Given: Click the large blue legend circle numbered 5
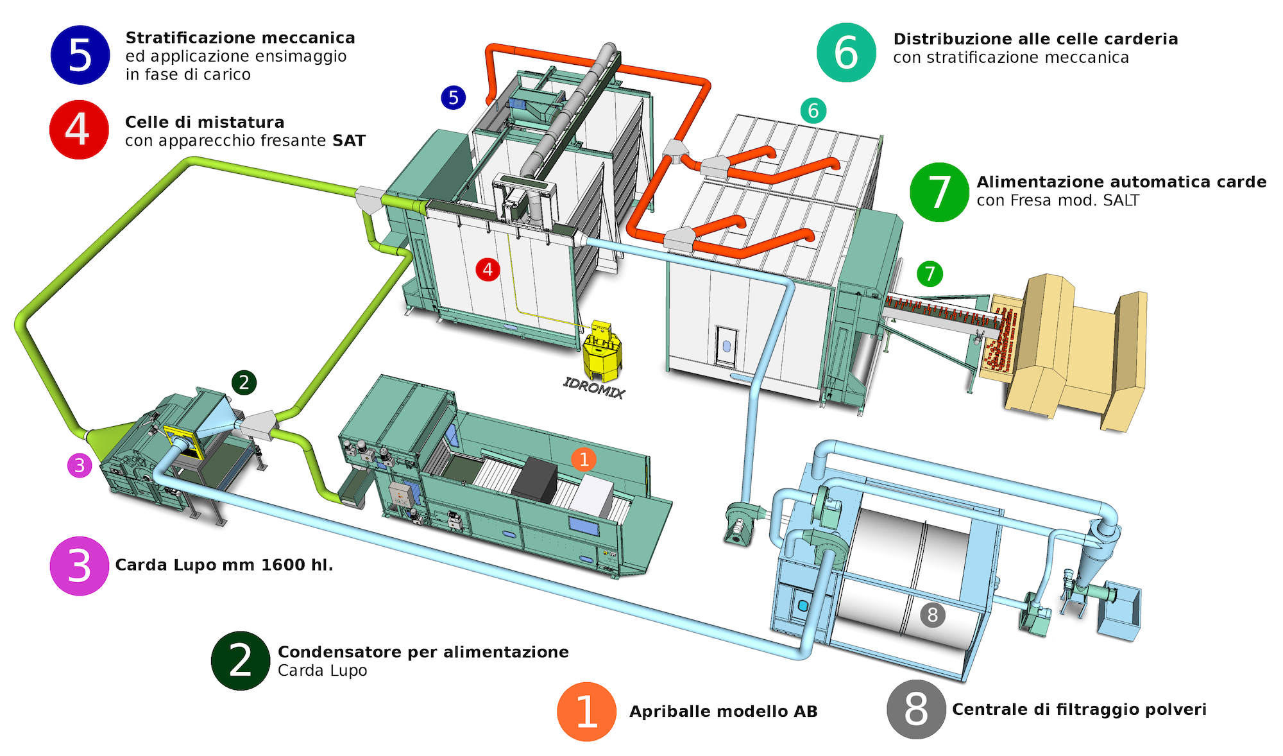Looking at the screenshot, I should pyautogui.click(x=80, y=55).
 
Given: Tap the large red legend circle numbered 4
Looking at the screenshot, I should pyautogui.click(x=79, y=130).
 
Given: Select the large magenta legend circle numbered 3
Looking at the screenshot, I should pyautogui.click(x=80, y=566).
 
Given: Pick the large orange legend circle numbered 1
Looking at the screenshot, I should pyautogui.click(x=586, y=712).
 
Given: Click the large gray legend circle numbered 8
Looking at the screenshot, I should pyautogui.click(x=916, y=709).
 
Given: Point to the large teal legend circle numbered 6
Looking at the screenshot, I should pyautogui.click(x=846, y=53).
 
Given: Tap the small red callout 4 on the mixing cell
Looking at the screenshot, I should pyautogui.click(x=488, y=270).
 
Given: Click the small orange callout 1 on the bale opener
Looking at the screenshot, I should pyautogui.click(x=584, y=460).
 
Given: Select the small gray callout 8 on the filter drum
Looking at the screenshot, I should pyautogui.click(x=932, y=615).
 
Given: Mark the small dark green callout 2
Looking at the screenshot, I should pyautogui.click(x=244, y=382).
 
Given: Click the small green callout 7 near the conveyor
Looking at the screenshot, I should pyautogui.click(x=930, y=274).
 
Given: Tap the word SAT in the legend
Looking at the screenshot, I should pyautogui.click(x=349, y=141).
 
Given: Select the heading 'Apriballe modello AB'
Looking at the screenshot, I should pyautogui.click(x=723, y=712).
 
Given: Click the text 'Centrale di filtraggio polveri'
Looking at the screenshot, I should pyautogui.click(x=1079, y=709).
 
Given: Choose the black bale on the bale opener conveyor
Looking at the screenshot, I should pyautogui.click(x=534, y=479).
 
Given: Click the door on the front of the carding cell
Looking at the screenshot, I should pyautogui.click(x=726, y=347).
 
